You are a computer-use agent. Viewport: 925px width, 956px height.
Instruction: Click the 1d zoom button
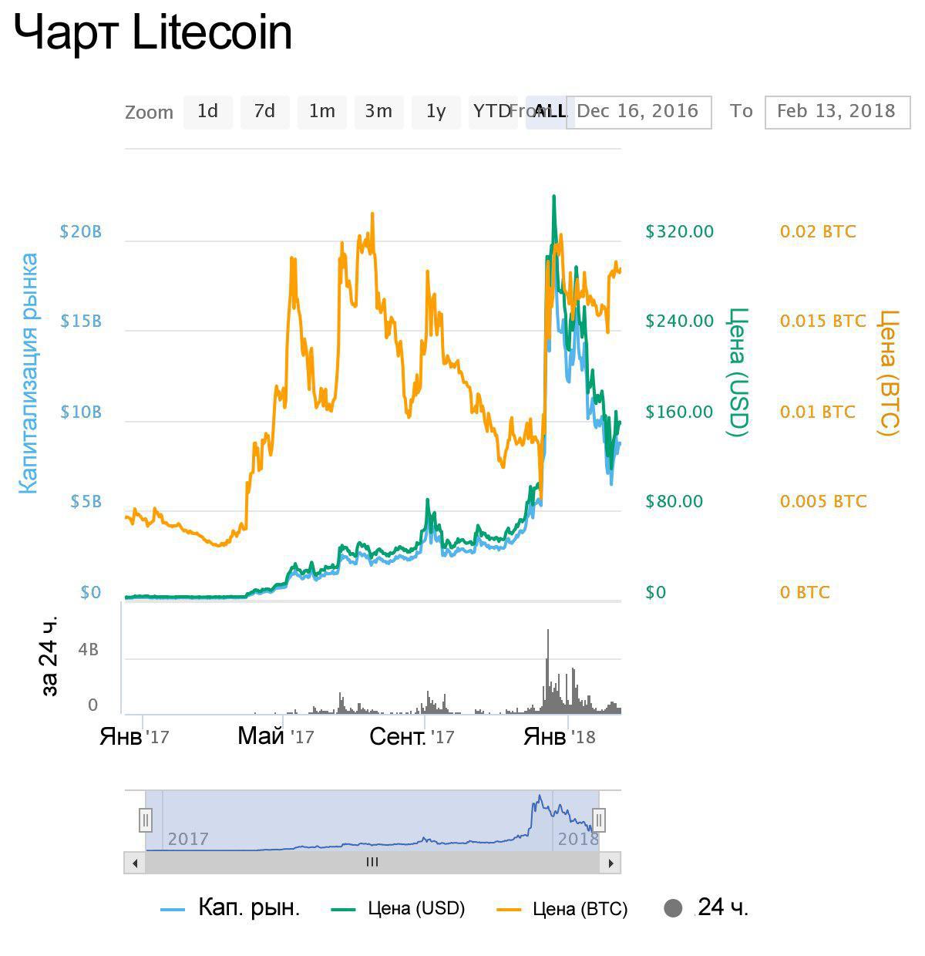(x=207, y=112)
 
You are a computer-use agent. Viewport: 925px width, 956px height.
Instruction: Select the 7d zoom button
(x=264, y=112)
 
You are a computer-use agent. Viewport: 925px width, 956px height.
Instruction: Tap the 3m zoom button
(x=378, y=112)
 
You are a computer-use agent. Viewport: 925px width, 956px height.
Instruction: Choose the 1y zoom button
(x=436, y=112)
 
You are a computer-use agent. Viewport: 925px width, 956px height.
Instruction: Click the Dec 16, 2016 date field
(x=638, y=112)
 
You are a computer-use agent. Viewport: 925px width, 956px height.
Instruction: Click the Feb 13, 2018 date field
(x=836, y=112)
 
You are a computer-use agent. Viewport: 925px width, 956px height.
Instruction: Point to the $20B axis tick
(x=81, y=232)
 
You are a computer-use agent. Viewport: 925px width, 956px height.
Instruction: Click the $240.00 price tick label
(x=680, y=321)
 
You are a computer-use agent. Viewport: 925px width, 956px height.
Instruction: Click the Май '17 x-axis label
(x=275, y=736)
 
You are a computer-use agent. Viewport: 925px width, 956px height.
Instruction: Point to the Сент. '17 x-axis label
(x=412, y=736)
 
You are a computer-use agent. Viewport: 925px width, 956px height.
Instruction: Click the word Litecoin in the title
(x=213, y=33)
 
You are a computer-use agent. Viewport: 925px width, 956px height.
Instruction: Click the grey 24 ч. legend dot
(x=673, y=908)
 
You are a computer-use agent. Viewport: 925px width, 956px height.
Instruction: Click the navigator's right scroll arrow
(x=610, y=863)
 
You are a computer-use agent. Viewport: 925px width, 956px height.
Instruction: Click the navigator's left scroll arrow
(x=135, y=863)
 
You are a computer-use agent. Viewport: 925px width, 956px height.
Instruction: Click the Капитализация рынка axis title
(x=28, y=373)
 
